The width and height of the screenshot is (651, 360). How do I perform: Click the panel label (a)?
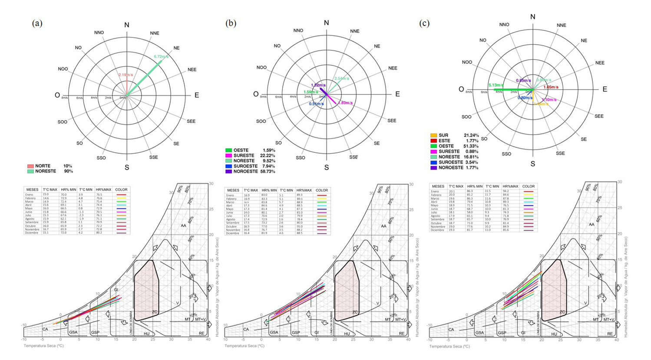pyautogui.click(x=37, y=23)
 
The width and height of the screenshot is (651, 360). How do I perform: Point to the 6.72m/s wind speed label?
pyautogui.click(x=161, y=56)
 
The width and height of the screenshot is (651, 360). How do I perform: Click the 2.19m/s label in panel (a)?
pyautogui.click(x=126, y=75)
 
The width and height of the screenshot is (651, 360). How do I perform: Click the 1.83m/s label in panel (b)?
pyautogui.click(x=345, y=103)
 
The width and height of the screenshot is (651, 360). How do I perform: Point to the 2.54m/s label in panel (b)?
pyautogui.click(x=342, y=79)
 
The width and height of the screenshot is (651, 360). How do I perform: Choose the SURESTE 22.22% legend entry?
pyautogui.click(x=250, y=155)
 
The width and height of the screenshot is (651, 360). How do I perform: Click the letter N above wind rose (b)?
pyautogui.click(x=327, y=23)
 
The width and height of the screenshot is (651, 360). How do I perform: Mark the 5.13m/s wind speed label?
pyautogui.click(x=496, y=85)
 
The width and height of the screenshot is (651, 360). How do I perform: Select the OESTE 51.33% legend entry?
pyautogui.click(x=454, y=146)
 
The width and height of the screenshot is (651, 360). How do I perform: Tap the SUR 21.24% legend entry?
pyautogui.click(x=454, y=135)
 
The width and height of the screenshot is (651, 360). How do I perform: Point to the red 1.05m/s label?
pyautogui.click(x=551, y=87)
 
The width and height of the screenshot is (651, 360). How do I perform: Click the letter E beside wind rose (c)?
pyautogui.click(x=605, y=89)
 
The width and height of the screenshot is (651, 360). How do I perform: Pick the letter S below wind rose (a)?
pyautogui.click(x=127, y=168)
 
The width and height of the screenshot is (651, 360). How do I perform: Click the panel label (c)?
pyautogui.click(x=424, y=23)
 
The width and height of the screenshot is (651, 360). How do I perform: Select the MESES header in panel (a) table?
pyautogui.click(x=33, y=190)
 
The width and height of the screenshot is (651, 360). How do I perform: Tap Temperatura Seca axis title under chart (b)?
pyautogui.click(x=244, y=346)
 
